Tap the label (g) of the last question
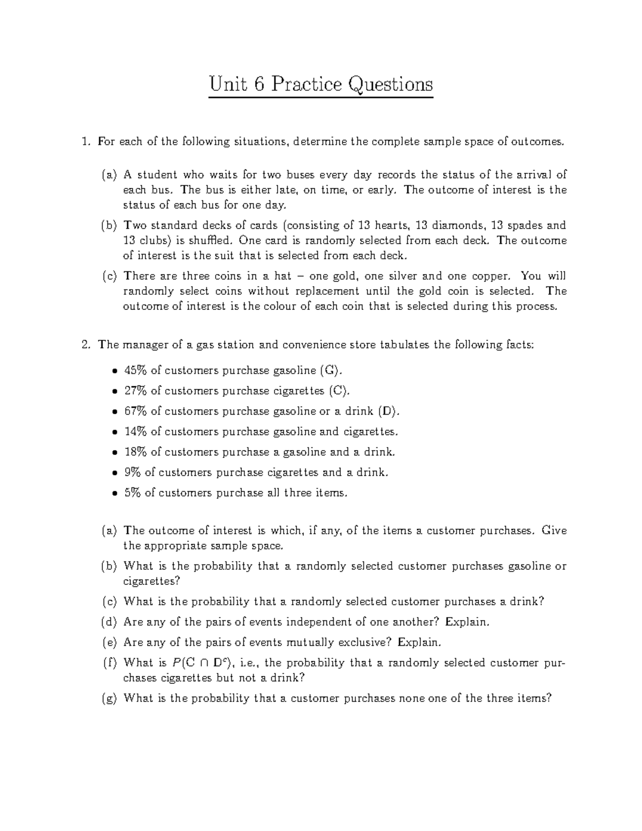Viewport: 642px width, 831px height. tap(109, 698)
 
